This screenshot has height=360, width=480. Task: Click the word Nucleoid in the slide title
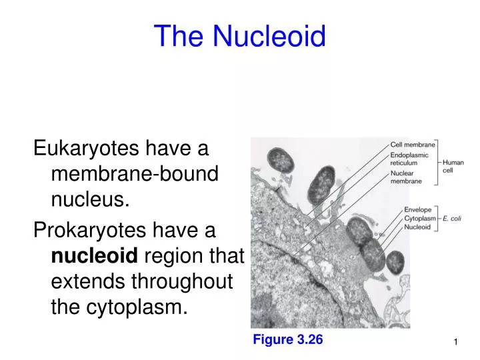coord(269,36)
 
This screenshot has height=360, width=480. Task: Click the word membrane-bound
coord(135,173)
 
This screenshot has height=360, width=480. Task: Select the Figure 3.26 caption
coord(287,340)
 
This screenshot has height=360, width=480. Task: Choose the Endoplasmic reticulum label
coord(408,159)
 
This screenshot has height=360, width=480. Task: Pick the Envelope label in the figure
coord(417,209)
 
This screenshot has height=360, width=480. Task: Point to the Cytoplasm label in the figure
coord(420,218)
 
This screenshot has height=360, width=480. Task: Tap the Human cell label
coord(453,166)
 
